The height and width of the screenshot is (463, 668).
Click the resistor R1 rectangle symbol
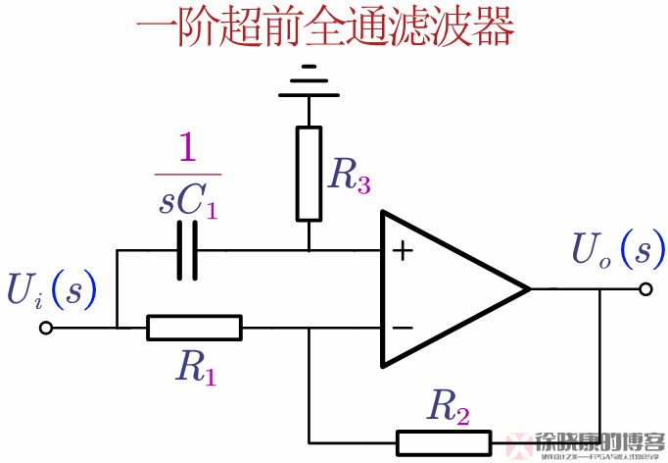194,328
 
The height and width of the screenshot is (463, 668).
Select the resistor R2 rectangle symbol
442,442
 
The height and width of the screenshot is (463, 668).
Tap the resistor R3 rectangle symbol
310,173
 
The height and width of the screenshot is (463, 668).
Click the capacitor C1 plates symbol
187,250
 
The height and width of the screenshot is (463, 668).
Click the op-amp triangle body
441,288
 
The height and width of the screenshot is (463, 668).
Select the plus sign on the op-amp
402,251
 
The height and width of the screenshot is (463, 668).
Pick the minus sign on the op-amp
402,327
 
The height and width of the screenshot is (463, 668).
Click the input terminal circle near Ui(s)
46,329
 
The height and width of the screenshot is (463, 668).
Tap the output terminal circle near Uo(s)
645,288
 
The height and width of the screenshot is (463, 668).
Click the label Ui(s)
52,288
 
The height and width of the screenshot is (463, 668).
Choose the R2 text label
447,406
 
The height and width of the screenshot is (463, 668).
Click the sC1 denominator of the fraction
187,201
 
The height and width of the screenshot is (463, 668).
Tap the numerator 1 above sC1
187,150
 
